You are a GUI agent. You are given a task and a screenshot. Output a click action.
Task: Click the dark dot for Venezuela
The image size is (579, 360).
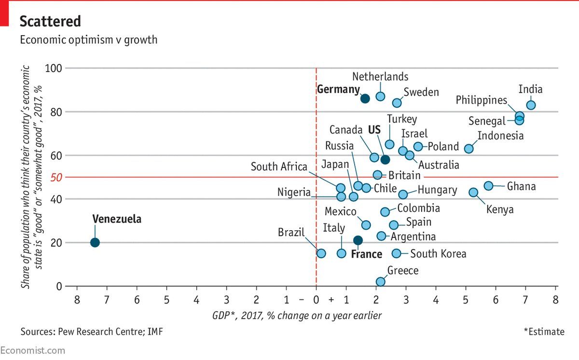point(95,242)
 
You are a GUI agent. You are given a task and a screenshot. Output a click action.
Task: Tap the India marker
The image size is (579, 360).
point(531,105)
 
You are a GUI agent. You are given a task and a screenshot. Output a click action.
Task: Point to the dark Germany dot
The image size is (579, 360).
point(365,98)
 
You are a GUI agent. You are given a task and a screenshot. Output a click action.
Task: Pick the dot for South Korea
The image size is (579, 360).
point(397,253)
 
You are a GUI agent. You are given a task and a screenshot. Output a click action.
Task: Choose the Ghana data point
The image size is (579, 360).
point(488,186)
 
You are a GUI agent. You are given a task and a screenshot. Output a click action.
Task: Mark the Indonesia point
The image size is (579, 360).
point(469,149)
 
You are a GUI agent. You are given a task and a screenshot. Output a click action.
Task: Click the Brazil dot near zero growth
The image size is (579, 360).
point(321,253)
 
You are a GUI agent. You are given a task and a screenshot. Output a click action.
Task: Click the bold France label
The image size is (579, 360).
point(366,254)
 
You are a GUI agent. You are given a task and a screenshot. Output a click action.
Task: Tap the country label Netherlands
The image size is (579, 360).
point(380,77)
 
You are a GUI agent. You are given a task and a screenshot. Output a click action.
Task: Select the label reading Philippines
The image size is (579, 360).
point(482,100)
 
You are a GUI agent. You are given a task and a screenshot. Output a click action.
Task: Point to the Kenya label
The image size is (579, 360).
point(500,209)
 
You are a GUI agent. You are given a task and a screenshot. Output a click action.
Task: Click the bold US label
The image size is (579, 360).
point(374,130)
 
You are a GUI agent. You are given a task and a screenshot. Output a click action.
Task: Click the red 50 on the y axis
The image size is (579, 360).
point(56,178)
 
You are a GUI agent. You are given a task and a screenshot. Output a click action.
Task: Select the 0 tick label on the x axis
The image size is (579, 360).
point(316,300)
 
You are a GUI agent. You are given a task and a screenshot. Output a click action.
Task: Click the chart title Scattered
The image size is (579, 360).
point(50,21)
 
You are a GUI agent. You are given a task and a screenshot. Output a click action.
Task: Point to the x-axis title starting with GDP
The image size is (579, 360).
point(297,316)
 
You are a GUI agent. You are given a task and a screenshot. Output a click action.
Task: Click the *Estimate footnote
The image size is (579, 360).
point(544,332)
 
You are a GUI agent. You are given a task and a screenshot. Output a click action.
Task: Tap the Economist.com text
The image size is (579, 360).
point(32,351)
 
